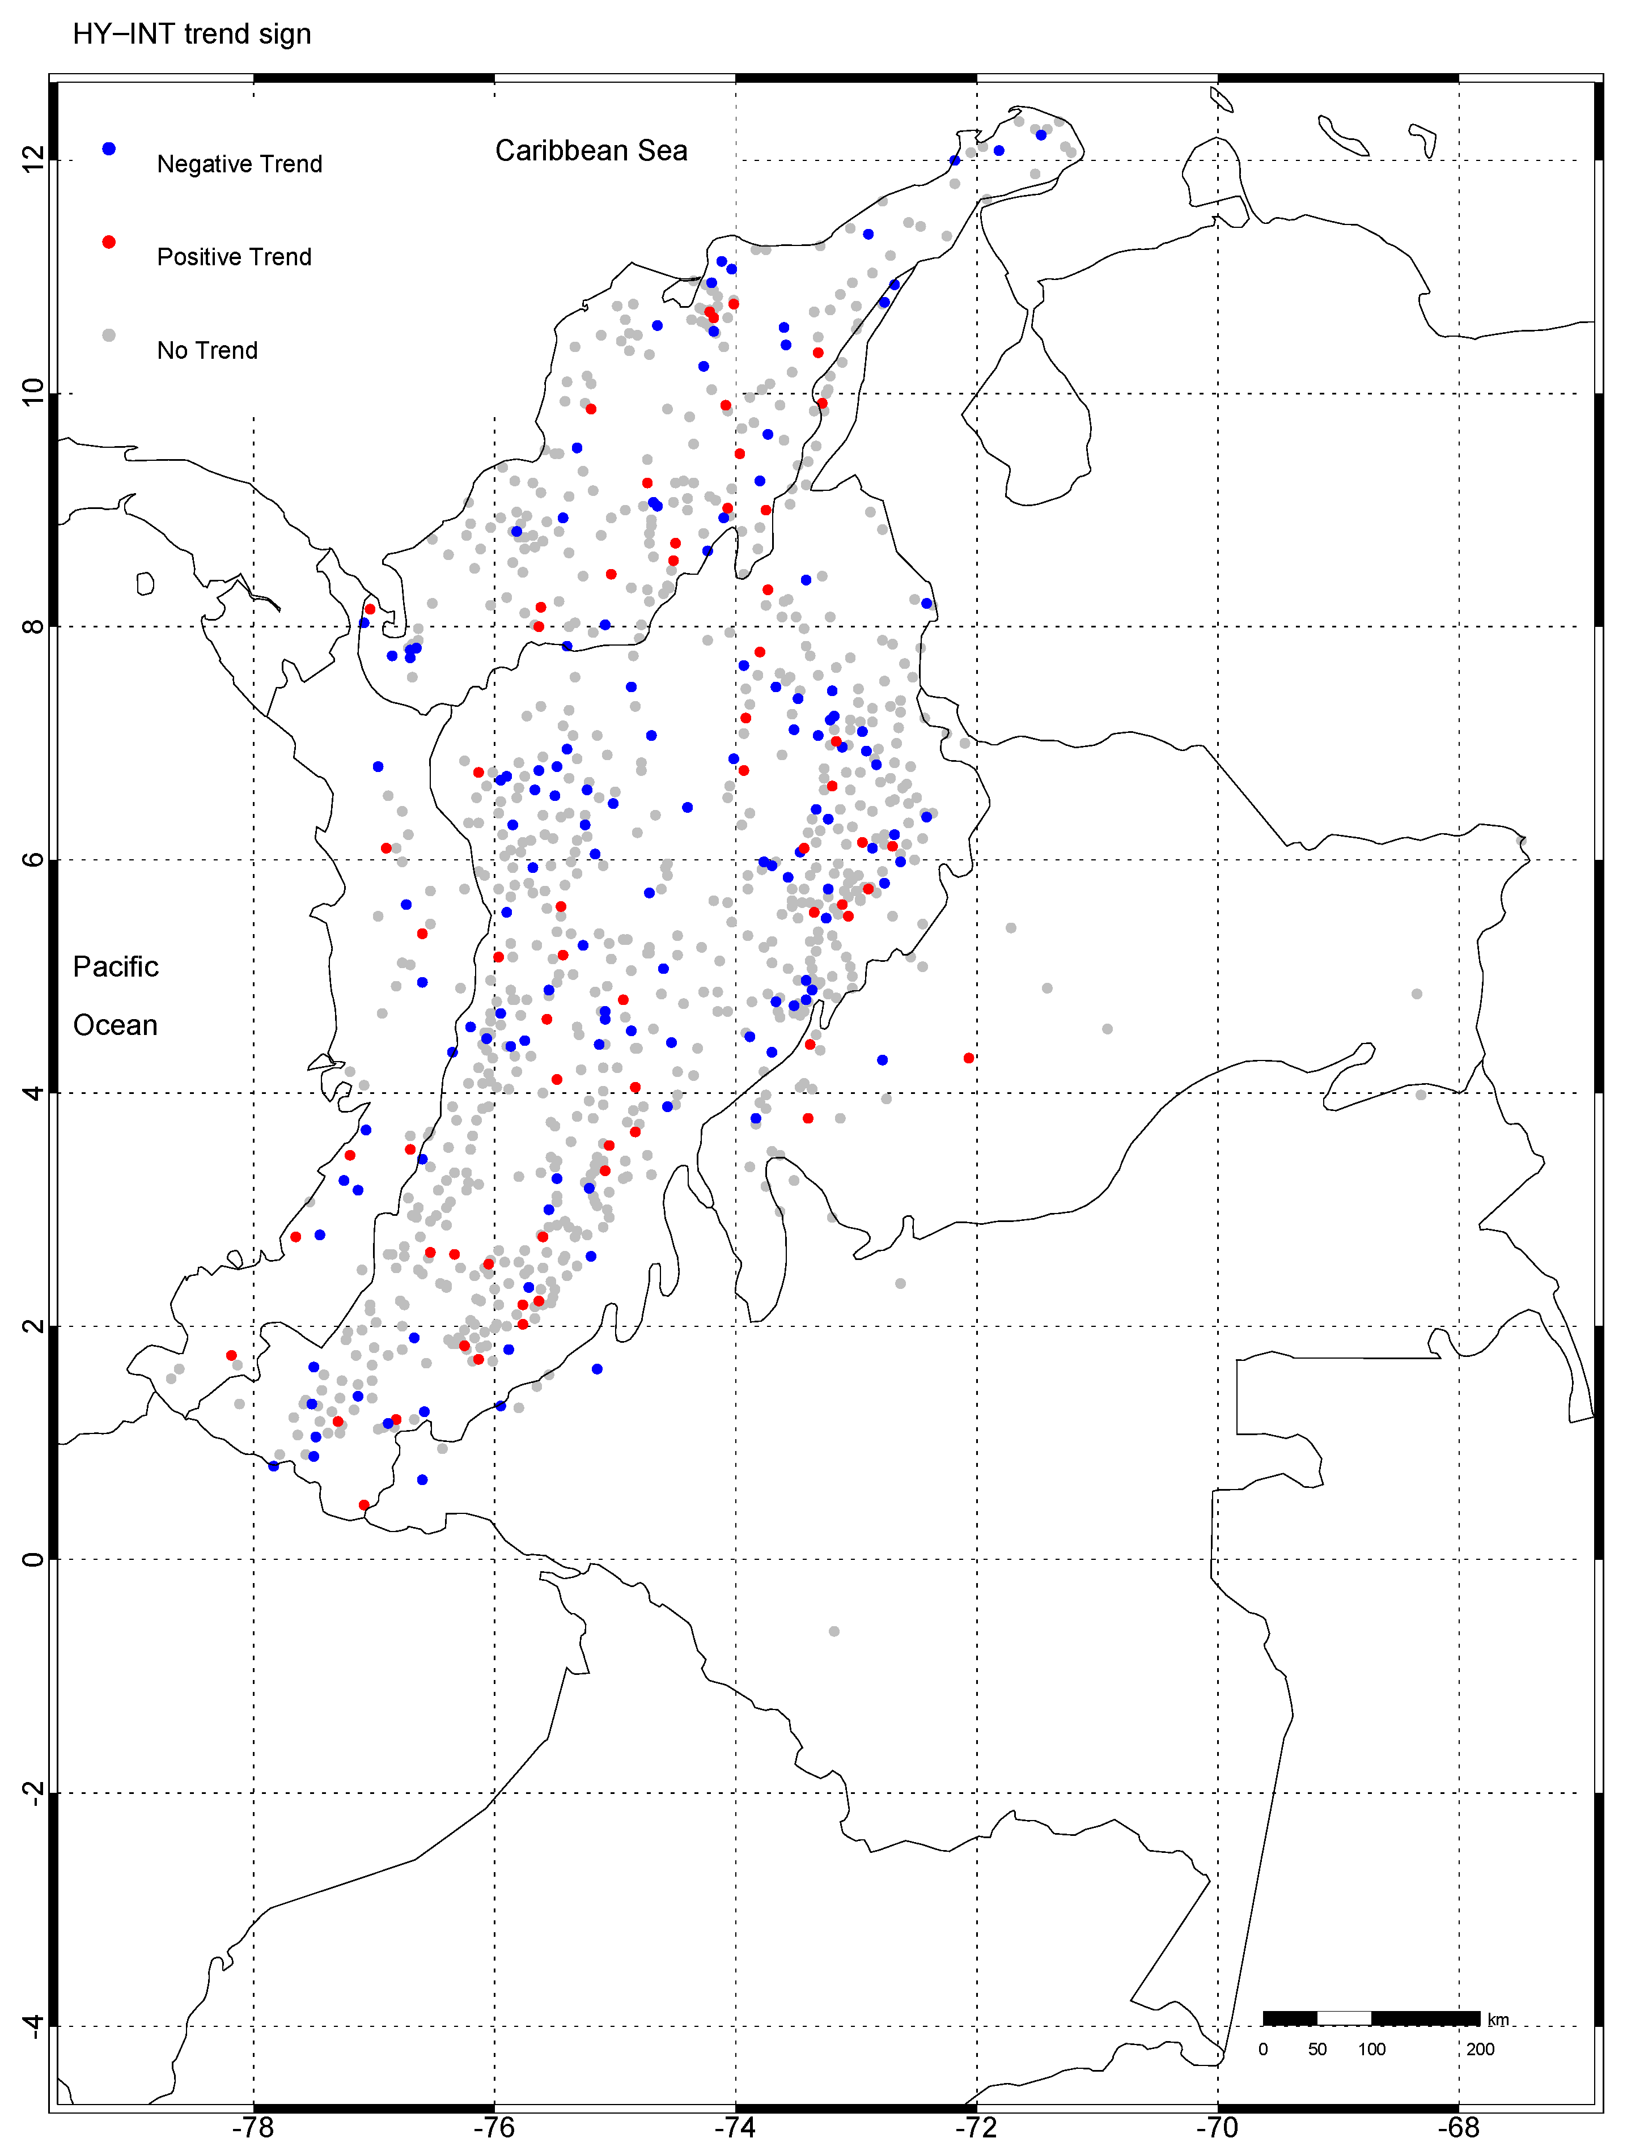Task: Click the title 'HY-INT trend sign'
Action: click(x=192, y=34)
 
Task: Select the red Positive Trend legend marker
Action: click(x=109, y=241)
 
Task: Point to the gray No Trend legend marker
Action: click(x=109, y=335)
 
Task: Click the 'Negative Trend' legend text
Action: click(x=240, y=164)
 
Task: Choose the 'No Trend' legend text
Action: click(x=207, y=351)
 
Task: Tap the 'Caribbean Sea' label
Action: click(x=591, y=151)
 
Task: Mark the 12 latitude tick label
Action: click(x=33, y=160)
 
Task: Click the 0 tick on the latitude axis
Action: click(x=33, y=1560)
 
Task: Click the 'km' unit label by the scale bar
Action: click(x=1498, y=2020)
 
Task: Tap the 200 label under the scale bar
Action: click(x=1480, y=2049)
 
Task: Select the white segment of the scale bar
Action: click(x=1345, y=2018)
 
